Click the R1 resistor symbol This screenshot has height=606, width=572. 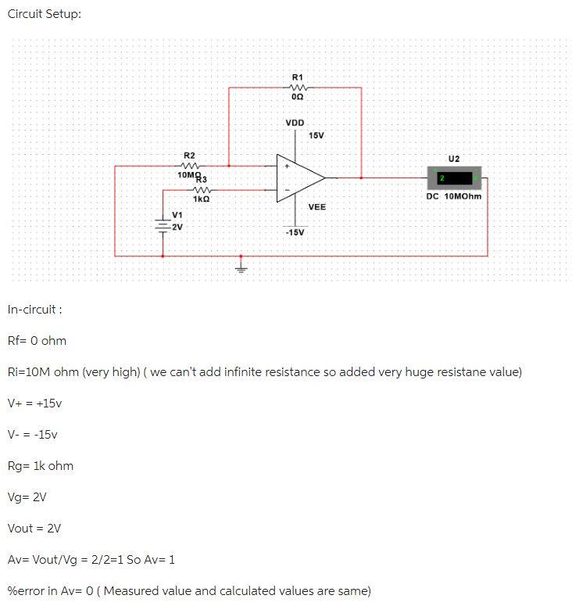point(298,87)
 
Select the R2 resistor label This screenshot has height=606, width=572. point(189,156)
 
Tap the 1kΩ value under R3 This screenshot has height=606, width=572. point(201,199)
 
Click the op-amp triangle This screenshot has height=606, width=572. point(300,177)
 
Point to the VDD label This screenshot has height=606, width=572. point(295,123)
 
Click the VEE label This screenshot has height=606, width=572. point(316,206)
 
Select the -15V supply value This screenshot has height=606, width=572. point(295,232)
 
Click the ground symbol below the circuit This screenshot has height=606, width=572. point(241,270)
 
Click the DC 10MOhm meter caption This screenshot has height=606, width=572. point(453,196)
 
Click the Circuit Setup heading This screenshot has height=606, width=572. point(44,15)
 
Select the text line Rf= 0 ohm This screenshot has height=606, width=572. point(37,340)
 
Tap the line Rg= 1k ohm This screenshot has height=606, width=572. point(40,465)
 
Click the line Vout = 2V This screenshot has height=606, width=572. point(34,528)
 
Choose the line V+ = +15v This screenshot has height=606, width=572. point(34,403)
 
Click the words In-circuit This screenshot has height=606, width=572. point(34,309)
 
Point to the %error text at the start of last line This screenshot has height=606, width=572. point(27,590)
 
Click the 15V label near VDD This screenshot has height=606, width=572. point(316,136)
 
